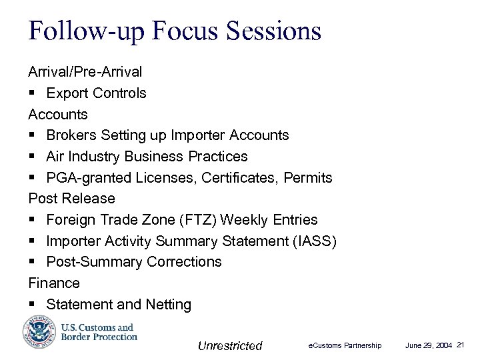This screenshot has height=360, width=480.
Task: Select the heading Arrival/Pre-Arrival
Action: coord(85,71)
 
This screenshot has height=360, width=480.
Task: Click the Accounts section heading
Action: coord(57,114)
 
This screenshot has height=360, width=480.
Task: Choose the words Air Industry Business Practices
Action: coord(147,157)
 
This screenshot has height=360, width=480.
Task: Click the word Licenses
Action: coord(189,177)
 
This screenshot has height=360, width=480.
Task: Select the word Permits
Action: coord(308,177)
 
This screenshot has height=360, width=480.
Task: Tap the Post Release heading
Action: coord(71,199)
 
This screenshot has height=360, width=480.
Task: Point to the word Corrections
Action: coord(185,262)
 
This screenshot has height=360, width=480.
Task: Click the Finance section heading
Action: coord(54,283)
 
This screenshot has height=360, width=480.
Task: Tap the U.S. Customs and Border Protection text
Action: coord(99,332)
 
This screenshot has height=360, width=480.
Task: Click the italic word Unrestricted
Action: coord(230,345)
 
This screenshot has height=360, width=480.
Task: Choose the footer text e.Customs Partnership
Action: coord(345,345)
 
